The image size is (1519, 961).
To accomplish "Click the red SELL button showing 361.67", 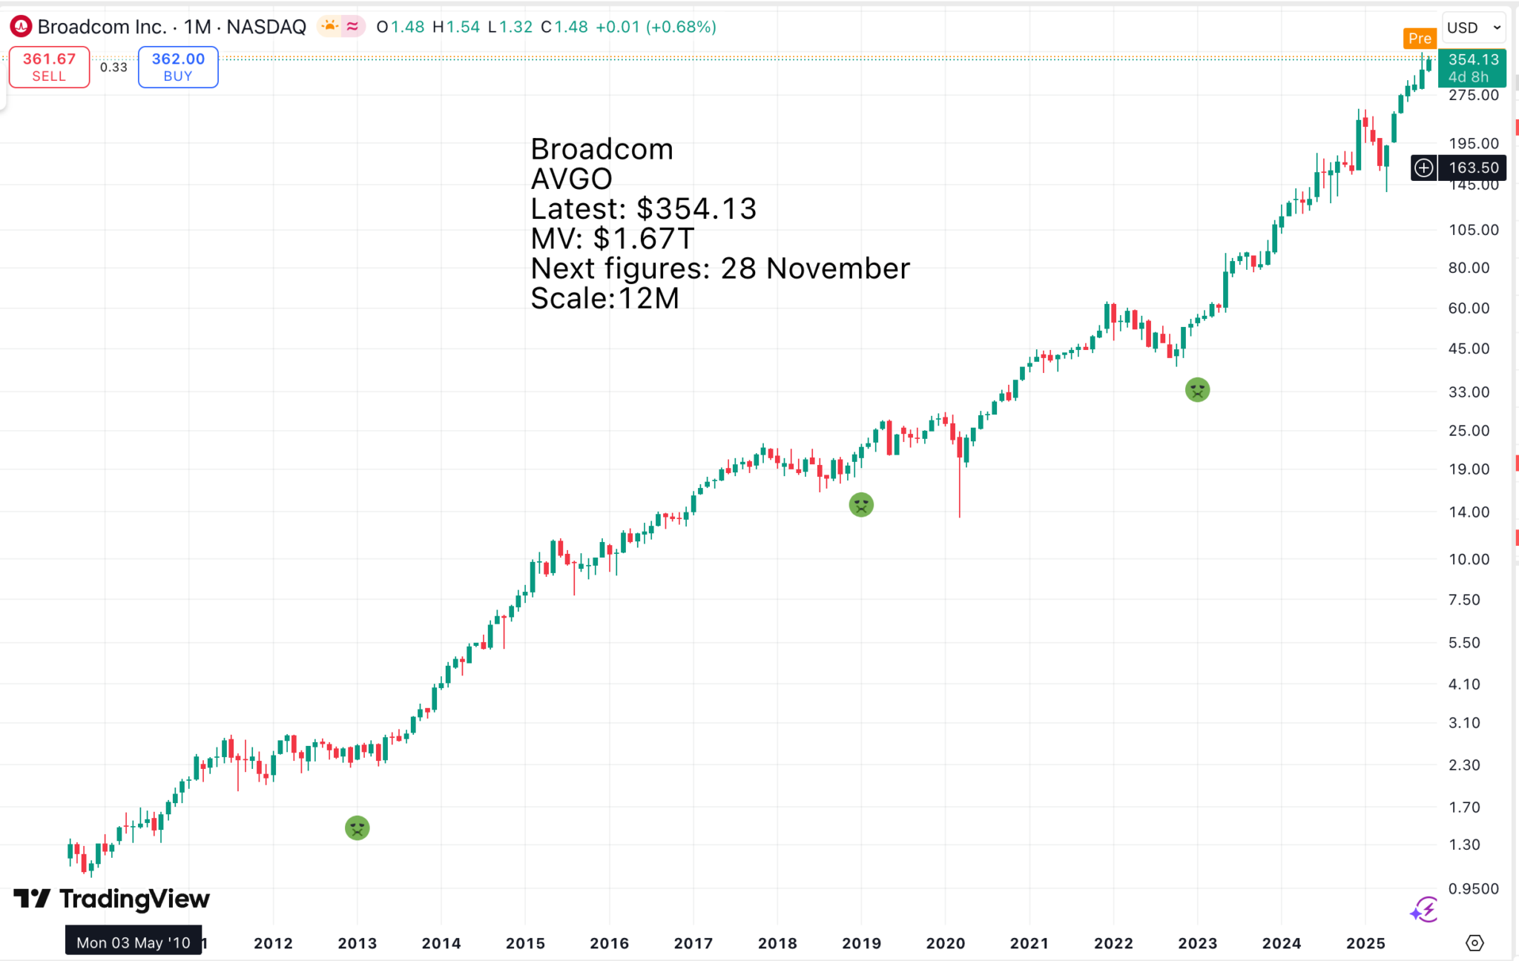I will [49, 67].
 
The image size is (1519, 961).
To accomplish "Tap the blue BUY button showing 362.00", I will [178, 67].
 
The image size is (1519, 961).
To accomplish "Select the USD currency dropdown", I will [1473, 27].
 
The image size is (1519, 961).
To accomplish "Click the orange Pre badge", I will [1419, 39].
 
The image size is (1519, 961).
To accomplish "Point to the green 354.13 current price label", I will [1472, 67].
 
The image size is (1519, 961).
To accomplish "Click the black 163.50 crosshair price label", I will [1473, 168].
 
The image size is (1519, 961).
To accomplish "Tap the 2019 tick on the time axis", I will [861, 943].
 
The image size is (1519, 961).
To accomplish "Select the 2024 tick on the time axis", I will [1281, 943].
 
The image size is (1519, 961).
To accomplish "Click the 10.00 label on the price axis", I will [1469, 559].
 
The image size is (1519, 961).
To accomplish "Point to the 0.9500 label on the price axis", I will [1473, 888].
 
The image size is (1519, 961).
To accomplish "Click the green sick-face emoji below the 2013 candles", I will [357, 828].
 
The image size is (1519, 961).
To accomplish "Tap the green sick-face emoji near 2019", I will [861, 505].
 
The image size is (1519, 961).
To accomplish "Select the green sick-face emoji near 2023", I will [1197, 389].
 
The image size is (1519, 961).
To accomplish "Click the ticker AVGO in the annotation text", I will [572, 179].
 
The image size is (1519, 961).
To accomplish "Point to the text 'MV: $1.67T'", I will [613, 239].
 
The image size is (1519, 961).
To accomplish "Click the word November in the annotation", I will [837, 268].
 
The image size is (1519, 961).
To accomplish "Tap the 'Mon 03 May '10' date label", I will [134, 942].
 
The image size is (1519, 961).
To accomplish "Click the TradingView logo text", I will [134, 899].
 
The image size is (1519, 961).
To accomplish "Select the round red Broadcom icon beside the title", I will [21, 27].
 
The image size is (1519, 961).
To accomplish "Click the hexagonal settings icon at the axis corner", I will [1474, 942].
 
